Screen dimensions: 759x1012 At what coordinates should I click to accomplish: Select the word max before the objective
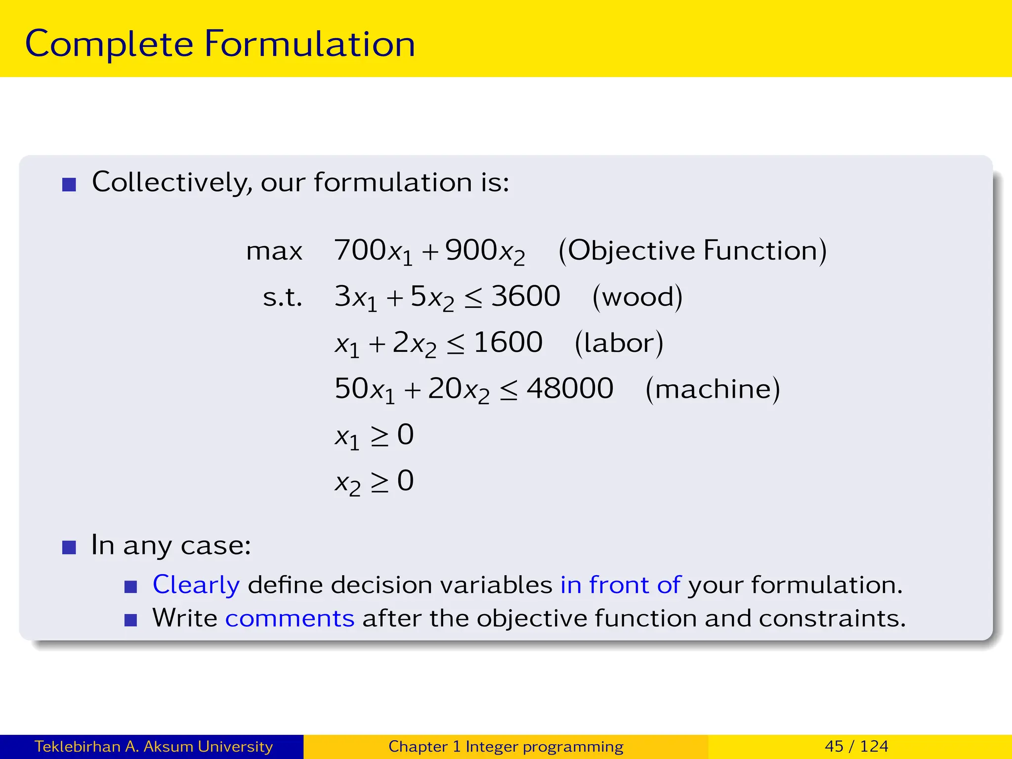click(274, 251)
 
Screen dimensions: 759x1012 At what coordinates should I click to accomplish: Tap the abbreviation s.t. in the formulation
click(282, 297)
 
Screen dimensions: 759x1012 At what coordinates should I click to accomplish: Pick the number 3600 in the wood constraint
click(526, 296)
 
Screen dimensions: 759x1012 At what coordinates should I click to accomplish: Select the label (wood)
click(637, 297)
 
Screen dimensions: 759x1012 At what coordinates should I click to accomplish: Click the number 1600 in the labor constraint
click(508, 342)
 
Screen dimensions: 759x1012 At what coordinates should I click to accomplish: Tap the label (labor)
click(619, 343)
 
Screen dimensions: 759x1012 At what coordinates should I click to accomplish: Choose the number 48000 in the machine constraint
click(570, 388)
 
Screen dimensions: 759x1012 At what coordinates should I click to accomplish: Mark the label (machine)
click(713, 389)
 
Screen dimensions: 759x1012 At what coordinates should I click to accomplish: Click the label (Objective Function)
click(692, 251)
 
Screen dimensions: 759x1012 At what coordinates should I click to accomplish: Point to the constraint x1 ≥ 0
click(374, 435)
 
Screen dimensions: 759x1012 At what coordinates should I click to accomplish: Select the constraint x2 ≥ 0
click(374, 481)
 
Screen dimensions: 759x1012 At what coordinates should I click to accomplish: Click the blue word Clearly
click(196, 585)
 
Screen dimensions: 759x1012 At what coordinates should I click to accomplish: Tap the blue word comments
click(290, 619)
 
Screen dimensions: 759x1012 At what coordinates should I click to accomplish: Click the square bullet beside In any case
click(69, 548)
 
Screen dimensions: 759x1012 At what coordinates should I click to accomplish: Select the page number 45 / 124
click(856, 746)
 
